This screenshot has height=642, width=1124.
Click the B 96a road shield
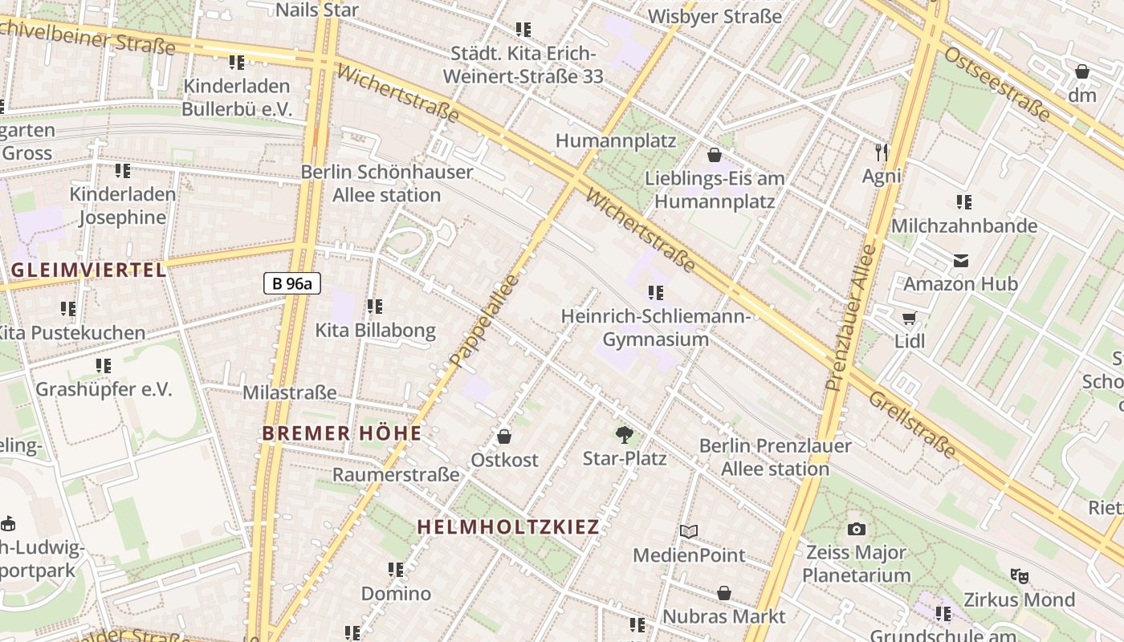click(x=291, y=282)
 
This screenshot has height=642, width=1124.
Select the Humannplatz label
click(x=616, y=141)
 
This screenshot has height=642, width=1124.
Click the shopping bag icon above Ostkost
click(x=504, y=437)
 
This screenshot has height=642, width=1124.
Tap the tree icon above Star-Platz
click(x=624, y=435)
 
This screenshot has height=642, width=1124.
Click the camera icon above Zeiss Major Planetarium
click(x=857, y=529)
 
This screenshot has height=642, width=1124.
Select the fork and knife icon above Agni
click(x=882, y=152)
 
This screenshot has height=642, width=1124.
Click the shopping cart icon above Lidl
click(x=910, y=319)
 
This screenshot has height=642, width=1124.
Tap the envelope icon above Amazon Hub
click(x=960, y=261)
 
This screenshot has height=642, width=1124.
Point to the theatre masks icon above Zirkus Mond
click(x=1020, y=575)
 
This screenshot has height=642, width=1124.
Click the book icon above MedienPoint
click(x=689, y=531)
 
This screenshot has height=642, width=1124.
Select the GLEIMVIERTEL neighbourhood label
click(x=89, y=270)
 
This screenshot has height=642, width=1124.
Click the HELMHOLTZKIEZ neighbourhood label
click(x=508, y=527)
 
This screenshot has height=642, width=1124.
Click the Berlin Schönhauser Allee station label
click(x=386, y=184)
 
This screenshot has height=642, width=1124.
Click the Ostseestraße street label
click(x=996, y=84)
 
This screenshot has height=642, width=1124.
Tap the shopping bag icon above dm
click(x=1082, y=71)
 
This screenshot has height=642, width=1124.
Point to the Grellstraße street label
click(x=913, y=425)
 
